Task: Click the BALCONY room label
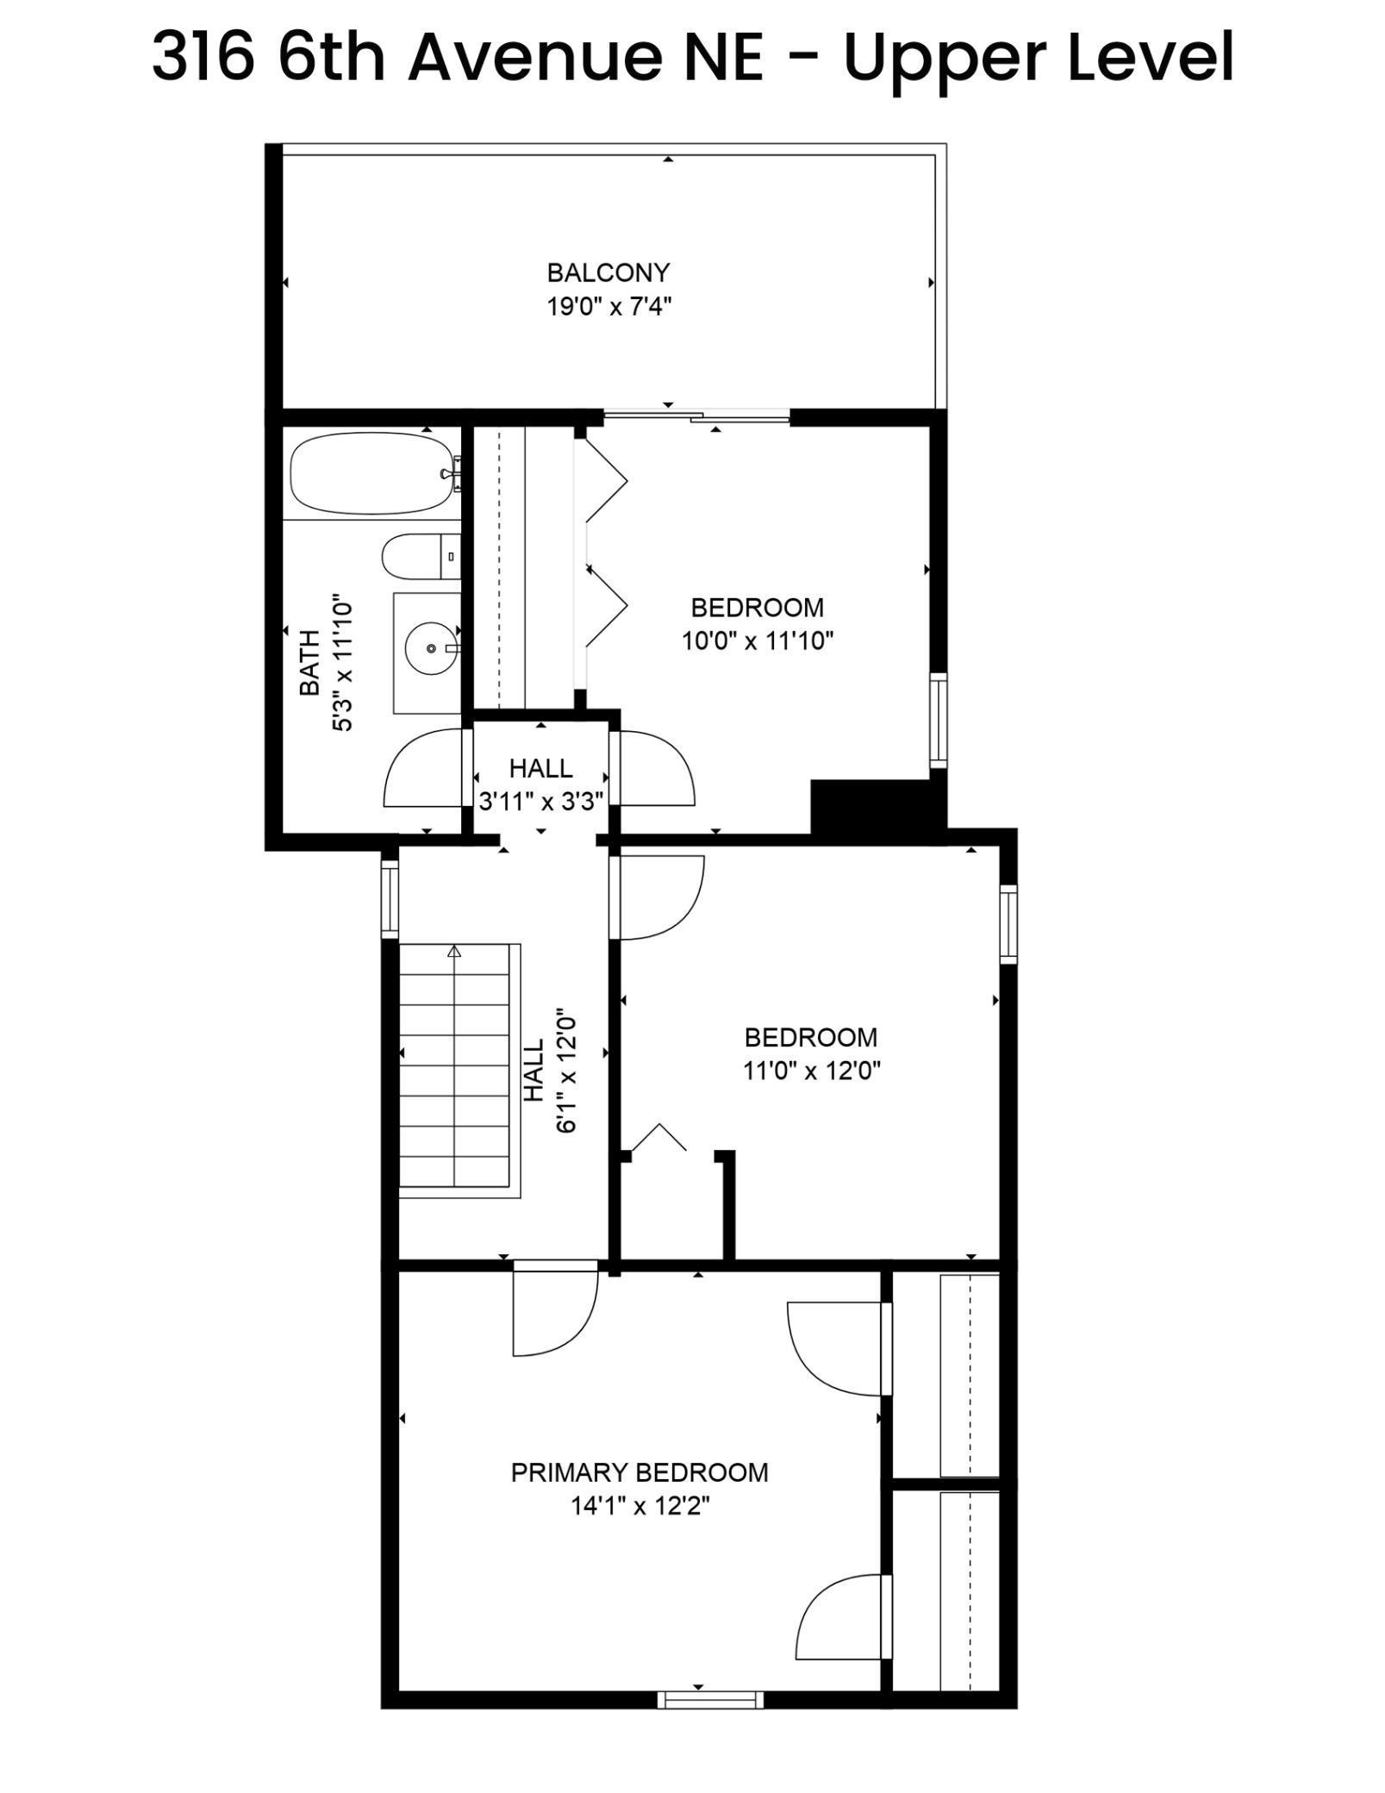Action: pyautogui.click(x=608, y=272)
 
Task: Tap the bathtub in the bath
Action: pyautogui.click(x=371, y=473)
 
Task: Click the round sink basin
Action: pyautogui.click(x=430, y=647)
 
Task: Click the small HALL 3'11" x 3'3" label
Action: pyautogui.click(x=540, y=784)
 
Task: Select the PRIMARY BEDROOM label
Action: pyautogui.click(x=639, y=1472)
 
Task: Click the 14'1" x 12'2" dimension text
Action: pyautogui.click(x=639, y=1506)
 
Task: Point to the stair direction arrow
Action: pyautogui.click(x=454, y=952)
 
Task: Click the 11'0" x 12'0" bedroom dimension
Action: pyautogui.click(x=811, y=1071)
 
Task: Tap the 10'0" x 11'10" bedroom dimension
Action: pyautogui.click(x=758, y=641)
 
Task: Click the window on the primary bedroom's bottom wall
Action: pyautogui.click(x=710, y=1699)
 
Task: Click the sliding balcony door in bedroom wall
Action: pyautogui.click(x=696, y=418)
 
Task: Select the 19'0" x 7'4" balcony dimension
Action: pyautogui.click(x=608, y=306)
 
